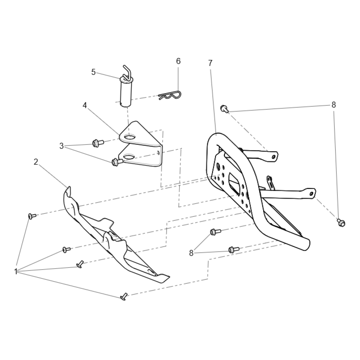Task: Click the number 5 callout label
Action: (x=93, y=72)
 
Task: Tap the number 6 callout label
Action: (x=178, y=61)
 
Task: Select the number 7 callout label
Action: (x=210, y=63)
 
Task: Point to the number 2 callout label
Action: (x=36, y=162)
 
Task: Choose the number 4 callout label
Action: (x=85, y=105)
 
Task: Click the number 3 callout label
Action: (x=62, y=146)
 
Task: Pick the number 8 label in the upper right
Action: (x=334, y=105)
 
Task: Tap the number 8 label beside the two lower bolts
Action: (x=192, y=253)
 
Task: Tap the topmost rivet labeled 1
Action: (x=32, y=216)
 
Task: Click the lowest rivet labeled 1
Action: (x=124, y=296)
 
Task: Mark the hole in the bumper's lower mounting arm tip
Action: (x=311, y=194)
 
